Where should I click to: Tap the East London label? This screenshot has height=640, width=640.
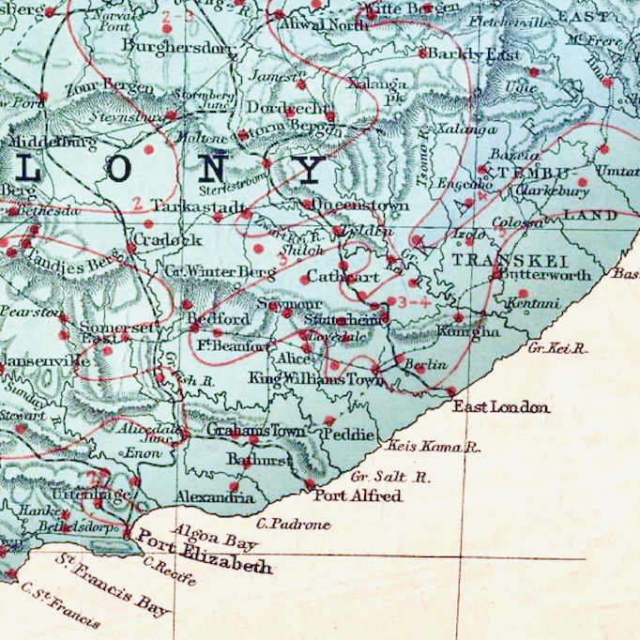pos(501,406)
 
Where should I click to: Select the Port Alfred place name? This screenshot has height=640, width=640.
pos(358,495)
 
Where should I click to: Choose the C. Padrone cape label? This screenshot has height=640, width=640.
pos(293,524)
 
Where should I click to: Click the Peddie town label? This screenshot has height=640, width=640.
pos(342,434)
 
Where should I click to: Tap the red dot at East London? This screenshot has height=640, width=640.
pos(451,392)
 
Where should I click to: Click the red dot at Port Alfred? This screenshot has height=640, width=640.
pos(310,484)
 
